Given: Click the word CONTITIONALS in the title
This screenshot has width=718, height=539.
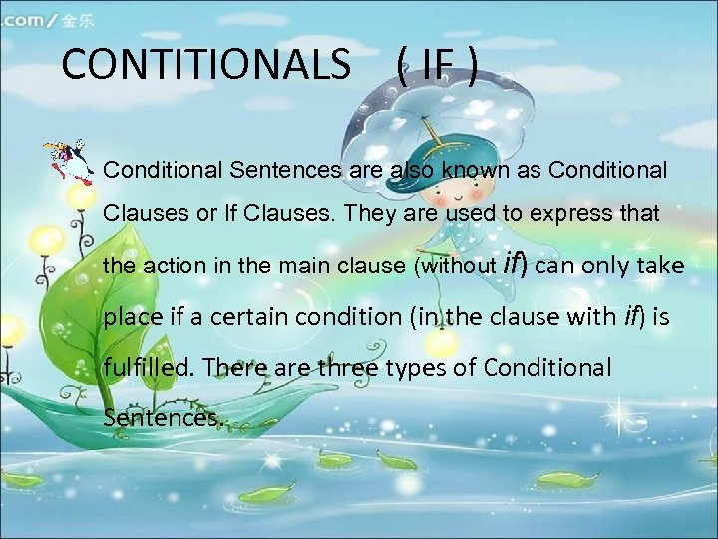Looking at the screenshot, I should [205, 66].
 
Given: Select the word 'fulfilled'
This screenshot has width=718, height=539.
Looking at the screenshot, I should [149, 367].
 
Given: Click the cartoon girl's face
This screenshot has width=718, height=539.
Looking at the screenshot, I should [469, 185].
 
